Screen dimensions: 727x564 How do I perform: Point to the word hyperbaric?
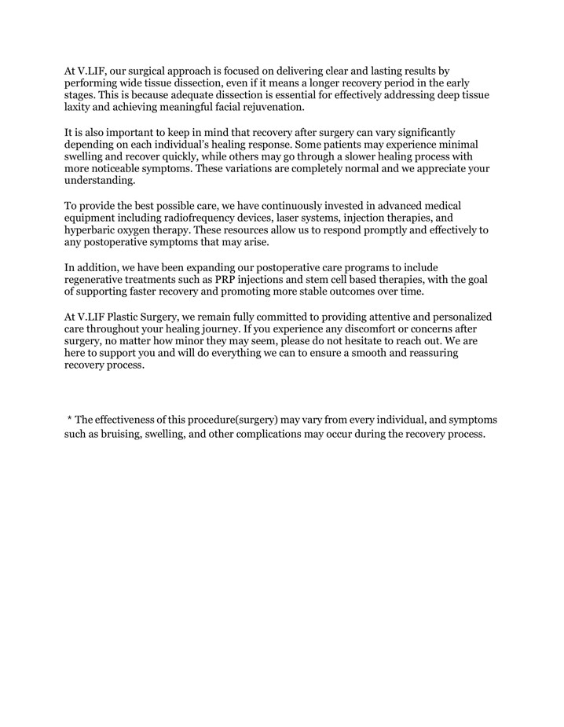pyautogui.click(x=92, y=230)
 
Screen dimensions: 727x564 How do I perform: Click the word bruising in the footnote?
pyautogui.click(x=119, y=435)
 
